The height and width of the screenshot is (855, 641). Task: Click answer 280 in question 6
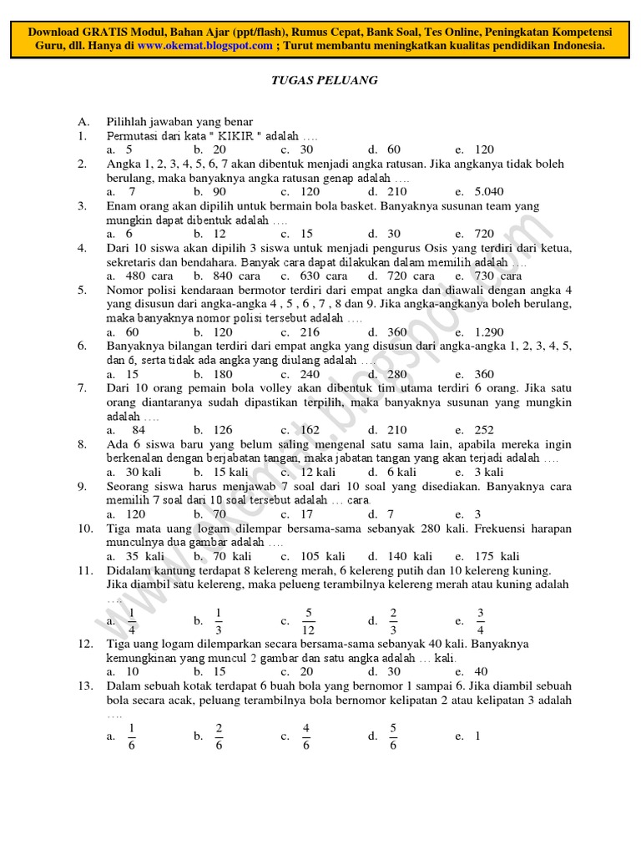[x=397, y=374]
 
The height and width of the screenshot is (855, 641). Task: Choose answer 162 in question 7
[x=310, y=430]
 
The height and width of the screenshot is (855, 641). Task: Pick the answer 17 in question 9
[x=305, y=514]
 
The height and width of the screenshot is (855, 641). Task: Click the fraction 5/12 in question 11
[x=309, y=620]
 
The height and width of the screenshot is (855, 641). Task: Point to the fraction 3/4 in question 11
[x=481, y=620]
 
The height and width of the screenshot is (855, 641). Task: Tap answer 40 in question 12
[x=481, y=671]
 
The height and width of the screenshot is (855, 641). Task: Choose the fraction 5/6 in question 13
[x=393, y=736]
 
